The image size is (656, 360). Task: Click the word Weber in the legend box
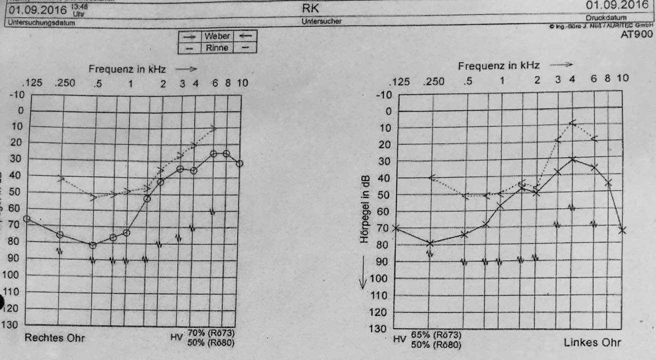tap(217, 36)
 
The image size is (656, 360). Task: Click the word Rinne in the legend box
tap(217, 48)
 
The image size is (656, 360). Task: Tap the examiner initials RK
tap(310, 8)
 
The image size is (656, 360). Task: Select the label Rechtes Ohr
tap(55, 338)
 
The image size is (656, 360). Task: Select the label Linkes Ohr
tap(593, 342)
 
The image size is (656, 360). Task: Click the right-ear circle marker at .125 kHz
tap(26, 218)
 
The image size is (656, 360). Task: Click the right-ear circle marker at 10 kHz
tap(240, 163)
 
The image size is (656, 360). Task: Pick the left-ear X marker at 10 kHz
tap(622, 230)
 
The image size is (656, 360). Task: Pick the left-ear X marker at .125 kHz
tap(396, 228)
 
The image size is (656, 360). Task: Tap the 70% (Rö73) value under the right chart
tap(211, 333)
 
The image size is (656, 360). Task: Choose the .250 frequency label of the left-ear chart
tap(433, 81)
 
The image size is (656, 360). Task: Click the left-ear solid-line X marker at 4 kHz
tap(573, 159)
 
